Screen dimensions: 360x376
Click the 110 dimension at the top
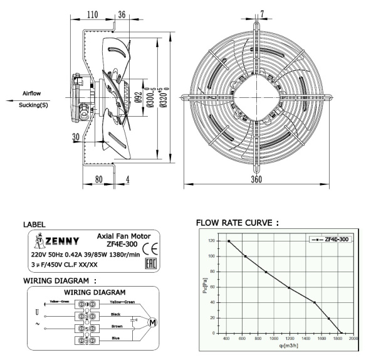click(92, 14)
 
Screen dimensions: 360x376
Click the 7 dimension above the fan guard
click(261, 14)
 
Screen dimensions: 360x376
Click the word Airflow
click(31, 93)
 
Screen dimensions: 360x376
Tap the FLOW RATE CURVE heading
click(238, 223)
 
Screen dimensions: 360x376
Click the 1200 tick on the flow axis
click(288, 340)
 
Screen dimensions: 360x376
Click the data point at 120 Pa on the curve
click(229, 241)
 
